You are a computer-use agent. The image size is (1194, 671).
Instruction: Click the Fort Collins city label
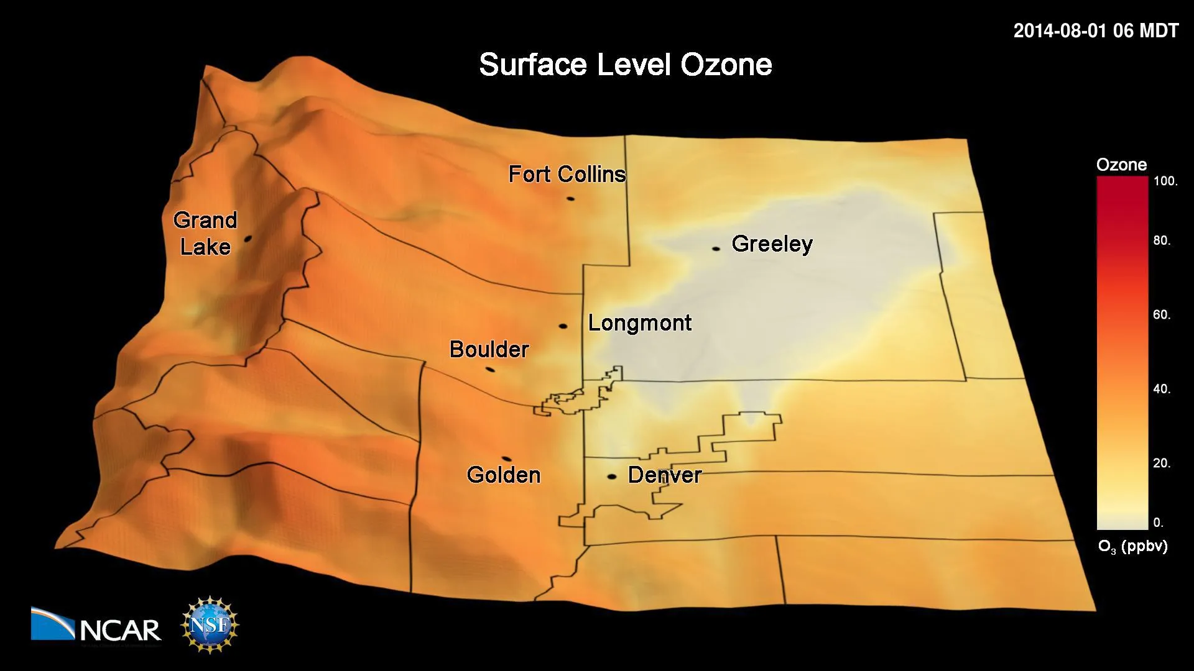coord(567,175)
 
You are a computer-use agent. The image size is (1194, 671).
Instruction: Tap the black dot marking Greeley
coord(716,249)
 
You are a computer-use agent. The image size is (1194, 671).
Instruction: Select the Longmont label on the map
coord(640,323)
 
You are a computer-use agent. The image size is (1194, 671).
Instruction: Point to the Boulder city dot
coord(490,370)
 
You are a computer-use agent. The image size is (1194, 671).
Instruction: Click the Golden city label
coord(504,475)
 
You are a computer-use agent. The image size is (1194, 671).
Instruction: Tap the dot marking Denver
coord(612,477)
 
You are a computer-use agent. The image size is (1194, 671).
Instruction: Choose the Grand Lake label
coord(205,234)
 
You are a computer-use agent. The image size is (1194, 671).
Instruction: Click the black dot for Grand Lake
coord(248,238)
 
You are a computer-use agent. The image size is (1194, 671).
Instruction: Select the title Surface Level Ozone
coord(625,65)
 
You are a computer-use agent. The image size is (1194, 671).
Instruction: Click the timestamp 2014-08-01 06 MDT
coord(1096,31)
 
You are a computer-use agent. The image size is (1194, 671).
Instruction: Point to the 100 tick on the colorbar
coord(1165,181)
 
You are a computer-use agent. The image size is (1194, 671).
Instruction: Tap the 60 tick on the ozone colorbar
coord(1162,315)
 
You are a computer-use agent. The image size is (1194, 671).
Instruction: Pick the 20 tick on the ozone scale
coord(1162,463)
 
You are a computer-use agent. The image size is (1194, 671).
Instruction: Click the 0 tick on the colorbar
coord(1158,523)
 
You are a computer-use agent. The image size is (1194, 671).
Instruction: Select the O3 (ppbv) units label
coord(1132,547)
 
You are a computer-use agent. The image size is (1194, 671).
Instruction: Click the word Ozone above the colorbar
coord(1121,165)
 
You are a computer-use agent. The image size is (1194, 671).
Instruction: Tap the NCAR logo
coord(96,624)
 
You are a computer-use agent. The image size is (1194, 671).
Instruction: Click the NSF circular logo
coord(210,624)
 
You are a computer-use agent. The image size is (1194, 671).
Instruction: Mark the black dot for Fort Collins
coord(570,199)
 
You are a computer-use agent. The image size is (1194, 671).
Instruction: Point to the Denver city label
coord(664,475)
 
